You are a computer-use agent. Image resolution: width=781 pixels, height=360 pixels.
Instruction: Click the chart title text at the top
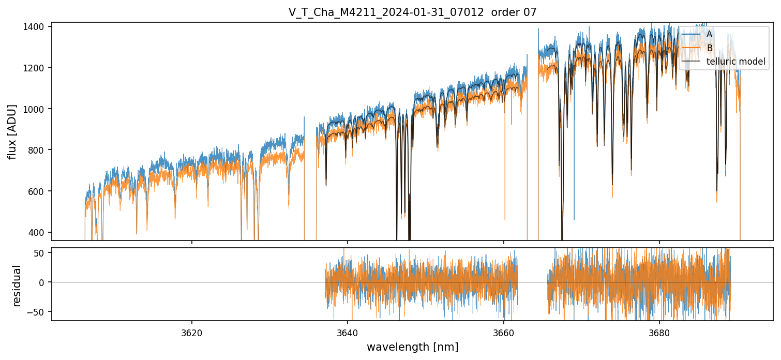pyautogui.click(x=412, y=12)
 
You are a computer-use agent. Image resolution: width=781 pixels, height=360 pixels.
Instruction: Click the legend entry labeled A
pyautogui.click(x=710, y=34)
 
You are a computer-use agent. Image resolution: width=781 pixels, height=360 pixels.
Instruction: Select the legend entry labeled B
pyautogui.click(x=710, y=48)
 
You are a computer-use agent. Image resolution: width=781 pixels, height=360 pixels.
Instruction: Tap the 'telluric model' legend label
pyautogui.click(x=736, y=62)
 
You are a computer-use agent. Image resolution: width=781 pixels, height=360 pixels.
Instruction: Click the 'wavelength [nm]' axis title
pyautogui.click(x=412, y=347)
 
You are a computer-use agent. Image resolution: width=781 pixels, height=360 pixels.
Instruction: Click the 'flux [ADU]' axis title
pyautogui.click(x=12, y=131)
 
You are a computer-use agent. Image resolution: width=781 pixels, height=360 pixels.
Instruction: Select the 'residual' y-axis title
pyautogui.click(x=17, y=286)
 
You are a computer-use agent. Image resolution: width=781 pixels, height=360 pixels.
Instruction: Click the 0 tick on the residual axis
pyautogui.click(x=44, y=282)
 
